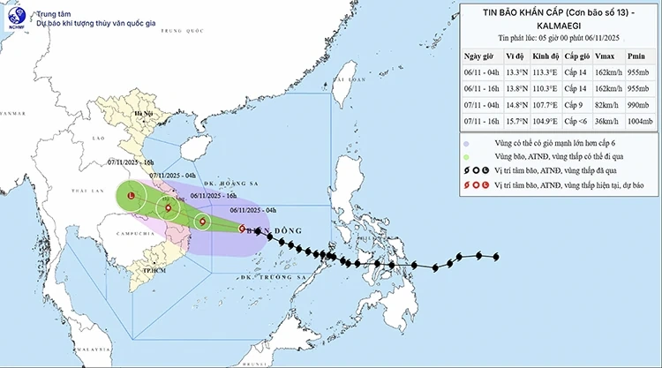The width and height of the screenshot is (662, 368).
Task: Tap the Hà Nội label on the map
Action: [x=143, y=114]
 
